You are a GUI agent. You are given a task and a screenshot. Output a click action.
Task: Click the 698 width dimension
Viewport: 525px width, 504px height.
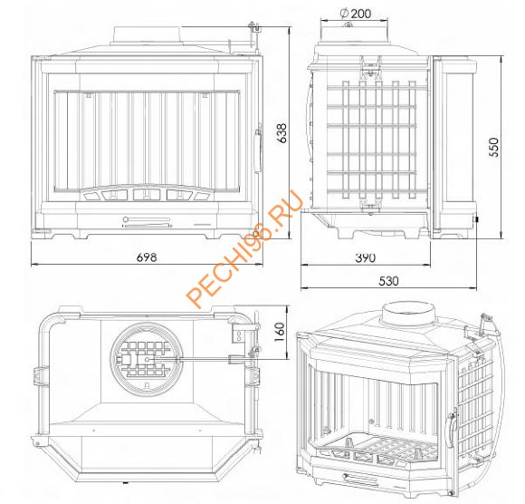pyautogui.click(x=147, y=257)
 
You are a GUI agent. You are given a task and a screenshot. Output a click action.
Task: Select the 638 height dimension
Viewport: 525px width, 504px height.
pyautogui.click(x=283, y=133)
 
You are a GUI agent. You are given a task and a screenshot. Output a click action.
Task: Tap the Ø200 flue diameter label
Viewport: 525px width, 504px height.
pyautogui.click(x=355, y=14)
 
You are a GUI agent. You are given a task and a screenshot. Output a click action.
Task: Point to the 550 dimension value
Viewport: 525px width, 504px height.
pyautogui.click(x=494, y=147)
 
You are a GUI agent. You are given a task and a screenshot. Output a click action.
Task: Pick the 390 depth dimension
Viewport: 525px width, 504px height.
pyautogui.click(x=366, y=257)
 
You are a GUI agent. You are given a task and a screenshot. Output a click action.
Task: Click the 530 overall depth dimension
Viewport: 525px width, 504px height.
pyautogui.click(x=388, y=281)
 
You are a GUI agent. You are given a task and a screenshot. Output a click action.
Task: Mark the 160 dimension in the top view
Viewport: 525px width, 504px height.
pyautogui.click(x=279, y=332)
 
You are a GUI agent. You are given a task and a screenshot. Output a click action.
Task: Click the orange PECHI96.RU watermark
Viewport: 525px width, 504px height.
pyautogui.click(x=244, y=248)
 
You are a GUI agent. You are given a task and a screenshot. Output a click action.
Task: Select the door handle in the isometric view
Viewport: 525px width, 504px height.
pyautogui.click(x=451, y=426)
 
